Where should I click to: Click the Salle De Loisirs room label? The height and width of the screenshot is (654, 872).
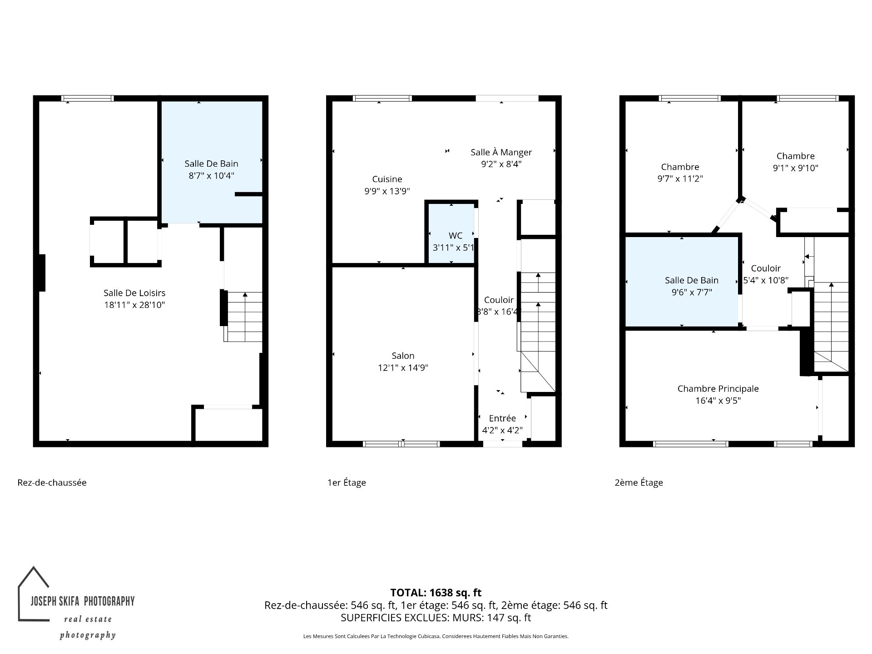134,293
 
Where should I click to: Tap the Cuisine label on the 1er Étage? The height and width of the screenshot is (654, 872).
387,179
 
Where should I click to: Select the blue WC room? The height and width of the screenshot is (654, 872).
451,233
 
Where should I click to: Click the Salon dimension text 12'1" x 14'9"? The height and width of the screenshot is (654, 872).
403,367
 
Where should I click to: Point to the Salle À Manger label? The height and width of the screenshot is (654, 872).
501,152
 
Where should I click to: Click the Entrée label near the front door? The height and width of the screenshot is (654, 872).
502,418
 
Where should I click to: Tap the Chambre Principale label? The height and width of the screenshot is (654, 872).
718,389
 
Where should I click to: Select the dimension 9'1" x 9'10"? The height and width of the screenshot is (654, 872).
796,168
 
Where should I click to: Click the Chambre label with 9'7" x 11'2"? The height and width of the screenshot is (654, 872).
680,167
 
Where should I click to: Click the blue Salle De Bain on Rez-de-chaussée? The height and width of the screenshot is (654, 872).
212,162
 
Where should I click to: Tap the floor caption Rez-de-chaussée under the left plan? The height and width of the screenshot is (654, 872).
52,482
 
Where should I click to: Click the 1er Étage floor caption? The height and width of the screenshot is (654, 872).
347,482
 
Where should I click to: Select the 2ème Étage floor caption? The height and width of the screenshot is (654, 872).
639,482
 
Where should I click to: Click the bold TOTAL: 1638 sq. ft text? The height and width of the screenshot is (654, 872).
436,592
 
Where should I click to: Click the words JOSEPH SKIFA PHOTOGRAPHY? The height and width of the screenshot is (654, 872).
83,601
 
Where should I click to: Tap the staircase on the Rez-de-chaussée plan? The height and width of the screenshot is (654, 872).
243,317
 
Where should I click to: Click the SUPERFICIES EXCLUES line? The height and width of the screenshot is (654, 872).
436,618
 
